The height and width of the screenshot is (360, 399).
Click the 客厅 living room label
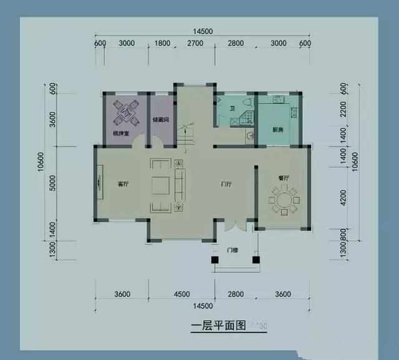[123, 184]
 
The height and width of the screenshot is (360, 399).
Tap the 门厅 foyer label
[227, 184]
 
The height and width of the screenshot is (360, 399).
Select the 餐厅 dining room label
[284, 178]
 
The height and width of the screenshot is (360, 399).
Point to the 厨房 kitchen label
[278, 130]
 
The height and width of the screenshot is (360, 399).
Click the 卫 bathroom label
[231, 109]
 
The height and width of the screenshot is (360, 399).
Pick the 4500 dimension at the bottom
[181, 295]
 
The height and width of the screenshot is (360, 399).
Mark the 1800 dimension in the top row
[162, 43]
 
